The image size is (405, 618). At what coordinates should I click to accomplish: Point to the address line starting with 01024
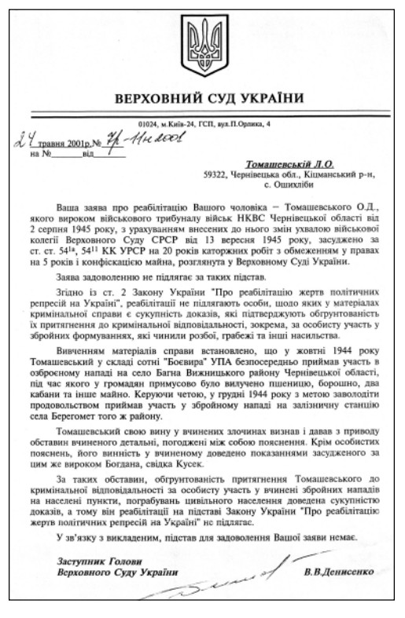coord(202,124)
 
